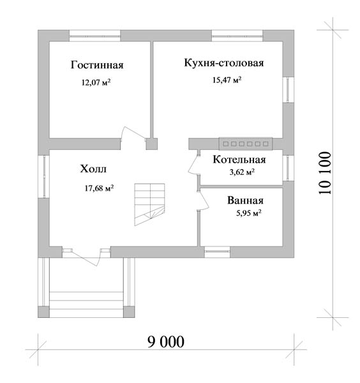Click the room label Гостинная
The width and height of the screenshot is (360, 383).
(97, 65)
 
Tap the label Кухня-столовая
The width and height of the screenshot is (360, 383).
(223, 63)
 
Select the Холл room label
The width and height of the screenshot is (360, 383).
(93, 169)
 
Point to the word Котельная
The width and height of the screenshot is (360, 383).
(239, 160)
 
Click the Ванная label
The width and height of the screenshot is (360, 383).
(245, 200)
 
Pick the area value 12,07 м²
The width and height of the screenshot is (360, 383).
(96, 82)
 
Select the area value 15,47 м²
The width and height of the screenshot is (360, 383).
(227, 80)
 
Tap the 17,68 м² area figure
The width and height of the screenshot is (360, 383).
(99, 188)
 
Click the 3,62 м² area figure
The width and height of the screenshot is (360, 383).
(242, 172)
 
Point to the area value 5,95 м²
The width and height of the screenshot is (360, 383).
(249, 213)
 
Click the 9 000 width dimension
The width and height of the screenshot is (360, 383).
(166, 342)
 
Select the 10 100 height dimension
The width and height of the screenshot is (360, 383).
(325, 173)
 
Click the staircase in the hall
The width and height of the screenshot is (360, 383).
(149, 204)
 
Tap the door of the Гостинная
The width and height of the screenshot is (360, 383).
(134, 133)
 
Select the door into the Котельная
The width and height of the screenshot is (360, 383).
(193, 163)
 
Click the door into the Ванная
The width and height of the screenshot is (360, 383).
(203, 200)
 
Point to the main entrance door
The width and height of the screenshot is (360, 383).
(86, 257)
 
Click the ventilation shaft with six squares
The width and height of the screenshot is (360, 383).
(246, 144)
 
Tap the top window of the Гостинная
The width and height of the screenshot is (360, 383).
(94, 36)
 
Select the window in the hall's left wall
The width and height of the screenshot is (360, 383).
(43, 176)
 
